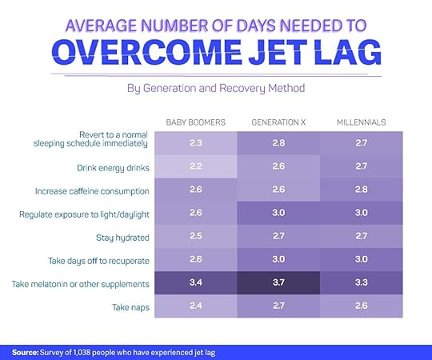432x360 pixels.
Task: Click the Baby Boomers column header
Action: (x=194, y=122)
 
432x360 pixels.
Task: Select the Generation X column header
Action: (x=278, y=122)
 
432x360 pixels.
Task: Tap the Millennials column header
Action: (x=361, y=122)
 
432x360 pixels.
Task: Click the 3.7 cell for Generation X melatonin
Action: (x=278, y=283)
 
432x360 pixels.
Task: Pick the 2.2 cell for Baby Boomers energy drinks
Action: (x=194, y=167)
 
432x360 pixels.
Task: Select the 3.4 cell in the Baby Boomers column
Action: (x=194, y=283)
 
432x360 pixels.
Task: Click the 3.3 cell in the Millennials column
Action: (x=361, y=283)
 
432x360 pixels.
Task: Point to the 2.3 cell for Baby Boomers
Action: (x=194, y=143)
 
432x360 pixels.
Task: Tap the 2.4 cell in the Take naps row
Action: (x=194, y=306)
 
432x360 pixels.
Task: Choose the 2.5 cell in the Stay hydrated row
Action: (x=194, y=237)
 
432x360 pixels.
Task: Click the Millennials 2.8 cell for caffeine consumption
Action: (x=361, y=190)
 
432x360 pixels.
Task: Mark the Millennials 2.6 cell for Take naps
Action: (x=361, y=306)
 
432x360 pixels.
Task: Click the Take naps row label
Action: (x=129, y=306)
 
